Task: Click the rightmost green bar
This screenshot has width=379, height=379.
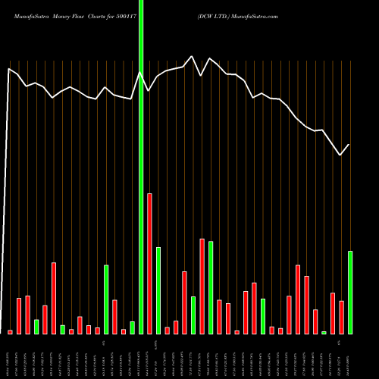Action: tap(350, 293)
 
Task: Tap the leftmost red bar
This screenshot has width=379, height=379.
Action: tap(11, 332)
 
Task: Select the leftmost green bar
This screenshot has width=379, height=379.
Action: tap(36, 327)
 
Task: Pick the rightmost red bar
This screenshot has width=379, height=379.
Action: tap(341, 318)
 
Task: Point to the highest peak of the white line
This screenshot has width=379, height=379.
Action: tap(193, 56)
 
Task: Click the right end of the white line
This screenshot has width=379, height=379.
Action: tap(349, 144)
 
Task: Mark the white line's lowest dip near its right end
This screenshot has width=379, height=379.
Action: tap(340, 155)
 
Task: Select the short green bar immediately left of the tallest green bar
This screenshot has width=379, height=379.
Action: tap(132, 327)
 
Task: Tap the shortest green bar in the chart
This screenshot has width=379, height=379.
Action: tap(324, 333)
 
